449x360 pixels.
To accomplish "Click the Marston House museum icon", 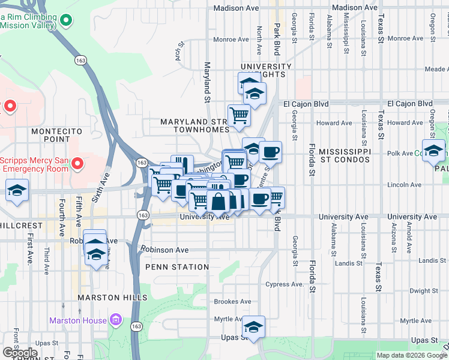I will click(x=116, y=320).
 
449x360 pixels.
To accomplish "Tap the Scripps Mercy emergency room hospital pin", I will click(x=77, y=163).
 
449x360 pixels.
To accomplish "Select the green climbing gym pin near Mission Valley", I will click(x=67, y=20).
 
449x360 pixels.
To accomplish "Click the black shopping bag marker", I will click(x=219, y=202).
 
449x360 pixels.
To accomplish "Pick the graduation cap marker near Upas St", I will click(x=254, y=328).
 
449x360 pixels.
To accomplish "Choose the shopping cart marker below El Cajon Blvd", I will click(x=239, y=115).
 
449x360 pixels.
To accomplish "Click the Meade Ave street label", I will click(x=435, y=70).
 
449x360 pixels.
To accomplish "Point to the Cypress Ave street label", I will click(x=285, y=284).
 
